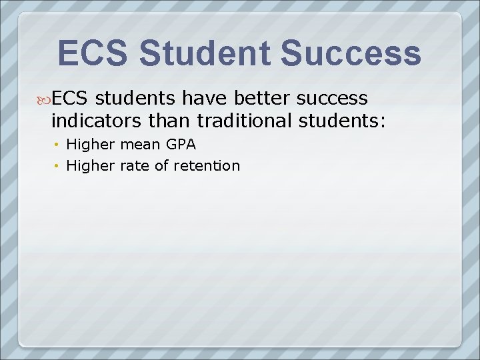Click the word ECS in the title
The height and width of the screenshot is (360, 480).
[x=92, y=53]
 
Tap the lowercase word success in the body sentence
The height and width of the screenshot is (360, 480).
[x=331, y=98]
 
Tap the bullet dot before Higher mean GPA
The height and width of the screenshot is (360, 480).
[x=58, y=144]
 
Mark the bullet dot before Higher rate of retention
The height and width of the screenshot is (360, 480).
[x=58, y=166]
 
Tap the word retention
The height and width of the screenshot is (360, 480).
[x=207, y=166]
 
